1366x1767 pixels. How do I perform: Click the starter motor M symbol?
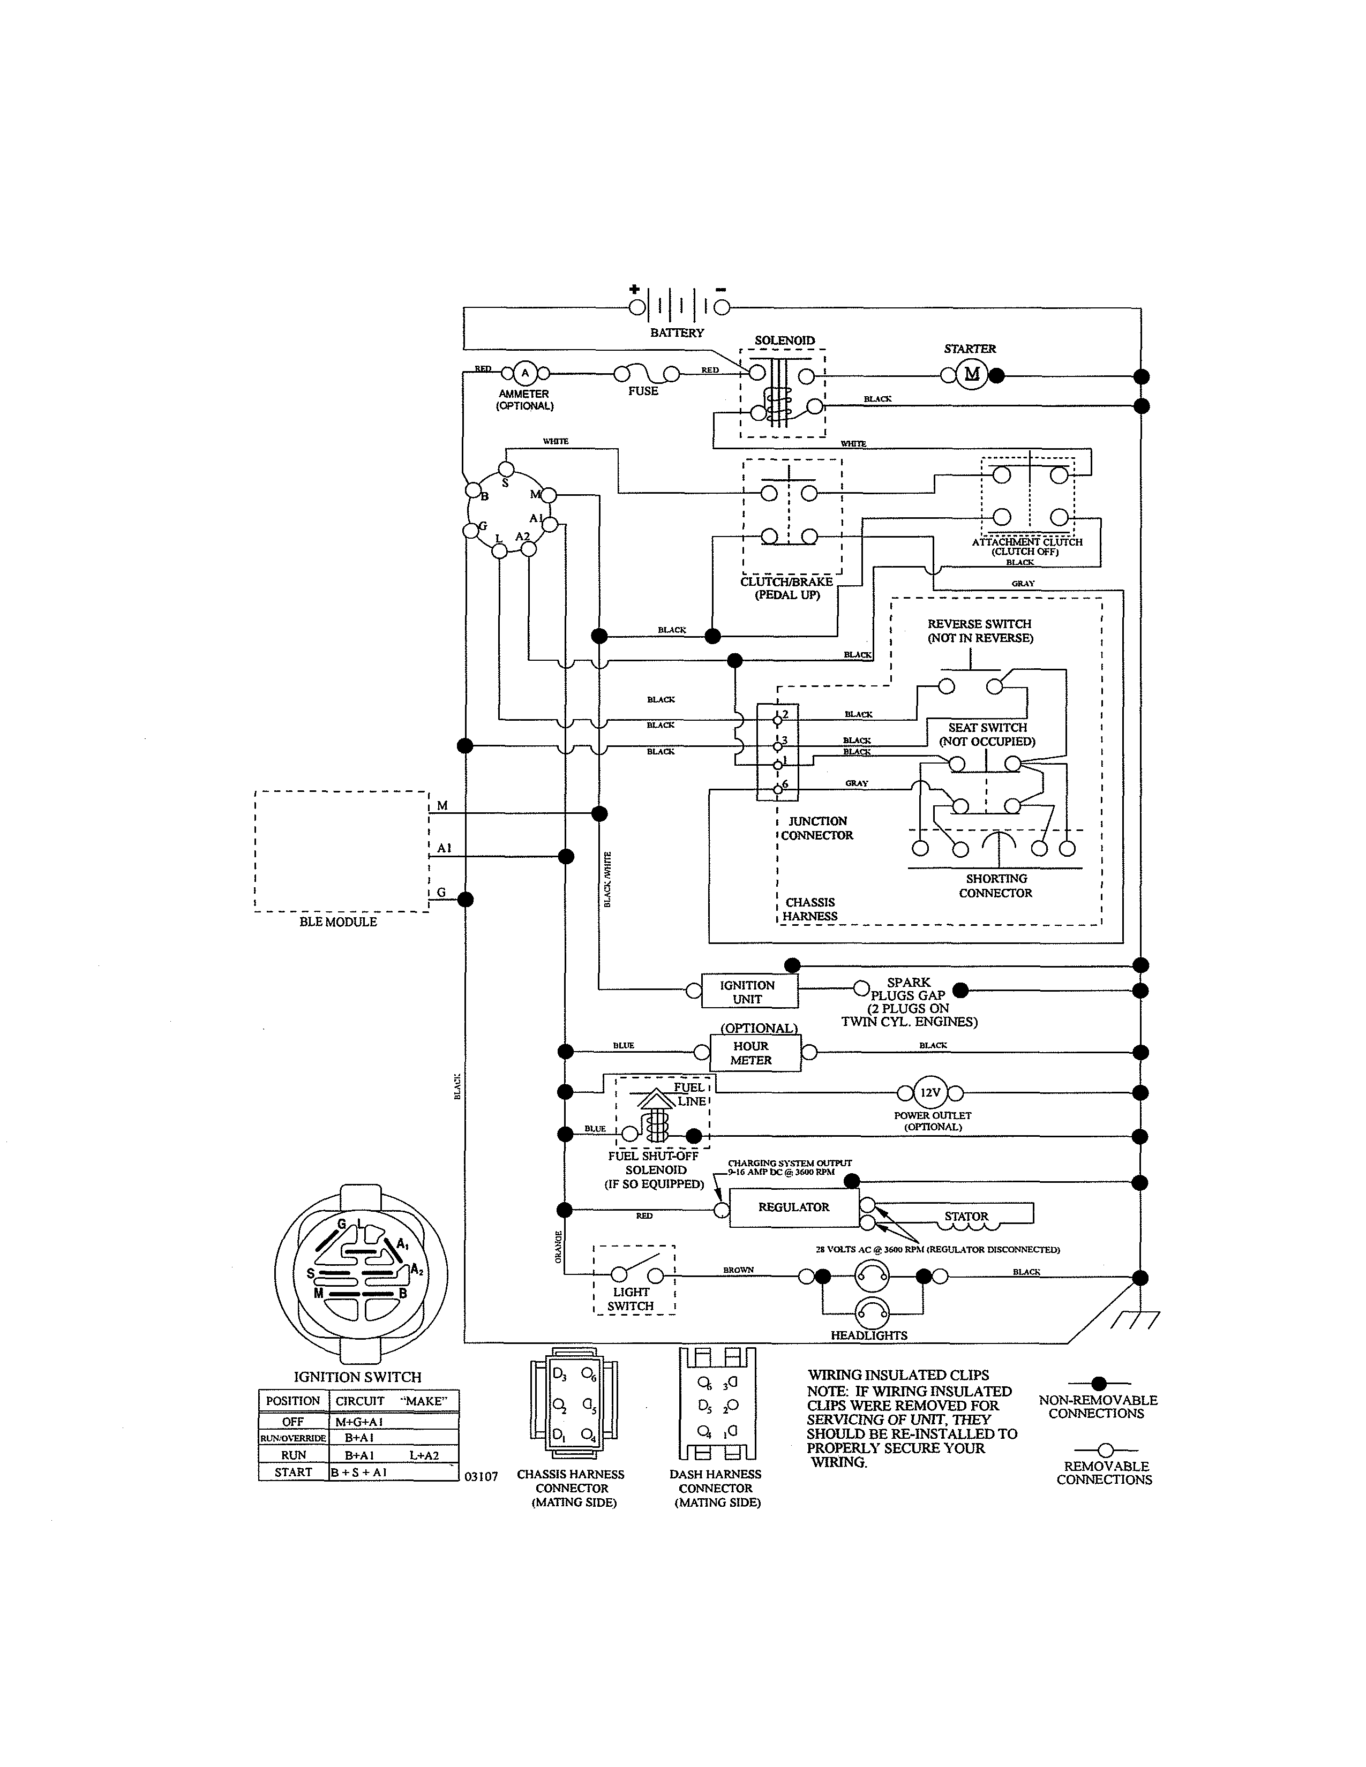pyautogui.click(x=972, y=374)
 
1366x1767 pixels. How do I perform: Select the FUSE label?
pyautogui.click(x=643, y=391)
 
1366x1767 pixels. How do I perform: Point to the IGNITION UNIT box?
pyautogui.click(x=748, y=992)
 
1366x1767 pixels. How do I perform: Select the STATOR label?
pyautogui.click(x=966, y=1216)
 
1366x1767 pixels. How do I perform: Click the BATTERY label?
pyautogui.click(x=677, y=333)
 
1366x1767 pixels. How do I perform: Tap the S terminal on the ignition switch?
pyautogui.click(x=506, y=469)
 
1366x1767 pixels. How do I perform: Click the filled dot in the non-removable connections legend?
pyautogui.click(x=1098, y=1384)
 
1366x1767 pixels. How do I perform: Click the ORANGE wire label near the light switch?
pyautogui.click(x=558, y=1247)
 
